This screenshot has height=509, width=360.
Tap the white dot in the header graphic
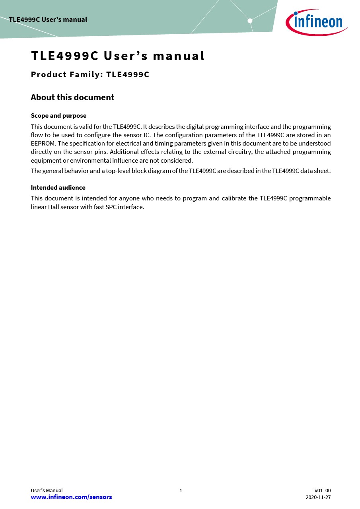pyautogui.click(x=250, y=21)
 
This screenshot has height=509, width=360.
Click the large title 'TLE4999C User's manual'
pyautogui.click(x=118, y=56)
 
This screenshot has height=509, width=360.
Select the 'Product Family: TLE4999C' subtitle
pyautogui.click(x=90, y=74)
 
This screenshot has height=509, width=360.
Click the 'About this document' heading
pyautogui.click(x=72, y=97)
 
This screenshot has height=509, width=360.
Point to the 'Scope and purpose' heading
pyautogui.click(x=58, y=116)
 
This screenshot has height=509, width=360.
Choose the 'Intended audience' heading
pyautogui.click(x=58, y=187)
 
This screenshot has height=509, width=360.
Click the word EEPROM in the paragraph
pyautogui.click(x=43, y=144)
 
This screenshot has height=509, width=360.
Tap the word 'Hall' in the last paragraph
pyautogui.click(x=54, y=207)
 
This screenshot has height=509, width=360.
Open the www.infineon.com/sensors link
pyautogui.click(x=71, y=497)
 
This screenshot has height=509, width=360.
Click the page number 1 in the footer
pyautogui.click(x=181, y=491)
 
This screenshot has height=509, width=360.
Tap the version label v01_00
pyautogui.click(x=322, y=491)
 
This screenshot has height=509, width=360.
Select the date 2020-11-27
pyautogui.click(x=318, y=497)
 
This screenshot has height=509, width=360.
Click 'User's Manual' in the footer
pyautogui.click(x=47, y=491)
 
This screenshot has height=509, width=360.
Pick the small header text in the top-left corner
pyautogui.click(x=48, y=19)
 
